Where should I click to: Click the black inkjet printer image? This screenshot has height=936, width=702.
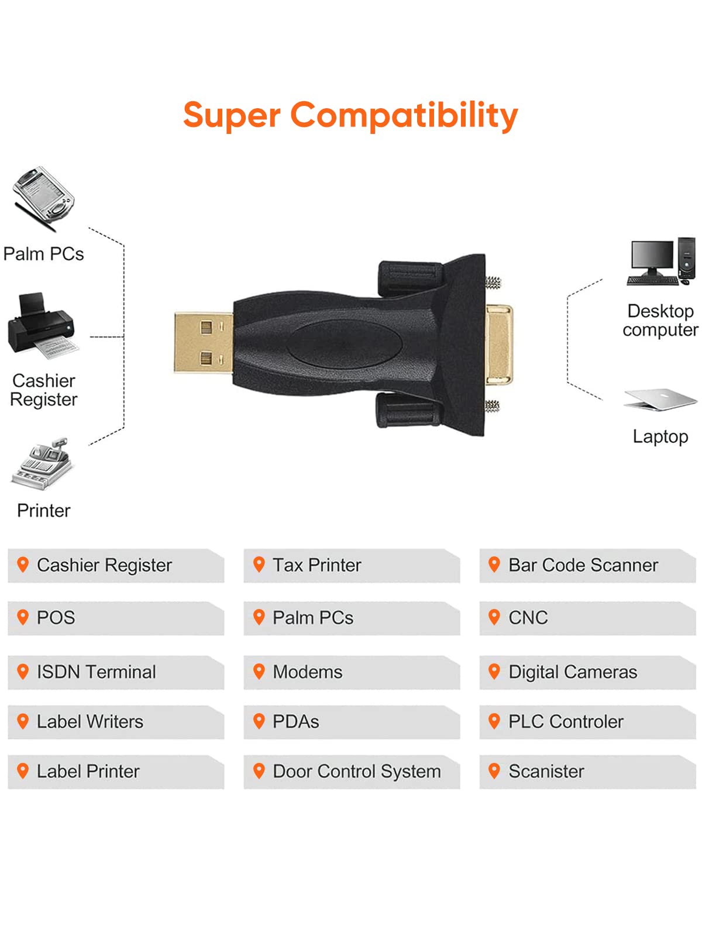[x=42, y=325]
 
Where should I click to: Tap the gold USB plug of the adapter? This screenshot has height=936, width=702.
[x=203, y=343]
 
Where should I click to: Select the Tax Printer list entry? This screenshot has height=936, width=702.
[x=316, y=565]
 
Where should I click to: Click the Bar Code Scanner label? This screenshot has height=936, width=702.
[x=583, y=565]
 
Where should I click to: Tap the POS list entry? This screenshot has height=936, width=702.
[x=56, y=618]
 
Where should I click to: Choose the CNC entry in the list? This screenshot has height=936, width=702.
[x=528, y=618]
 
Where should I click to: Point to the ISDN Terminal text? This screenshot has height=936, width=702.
[x=96, y=672]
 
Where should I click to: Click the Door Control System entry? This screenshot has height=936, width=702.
[x=356, y=771]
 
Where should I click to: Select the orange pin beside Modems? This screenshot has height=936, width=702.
[x=259, y=671]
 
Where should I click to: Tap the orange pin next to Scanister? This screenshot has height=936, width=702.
[x=494, y=770]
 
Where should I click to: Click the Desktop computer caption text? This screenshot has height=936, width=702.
[x=660, y=320]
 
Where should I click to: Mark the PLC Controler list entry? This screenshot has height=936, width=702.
[x=566, y=721]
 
